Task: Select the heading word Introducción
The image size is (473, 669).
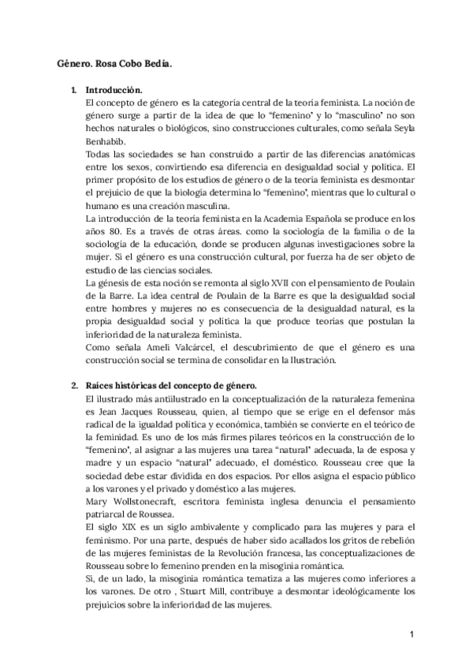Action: click(114, 90)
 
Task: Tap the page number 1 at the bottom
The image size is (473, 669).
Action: click(412, 633)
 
